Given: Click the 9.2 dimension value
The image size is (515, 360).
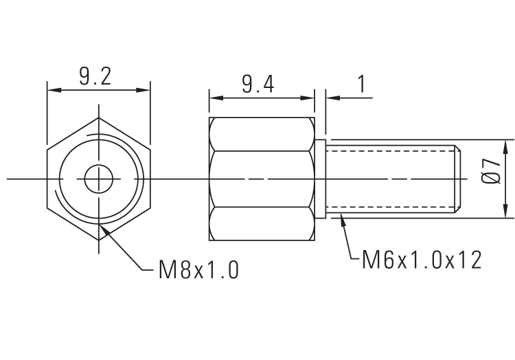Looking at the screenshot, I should tap(95, 76).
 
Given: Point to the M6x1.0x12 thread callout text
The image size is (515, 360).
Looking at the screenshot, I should tap(422, 260).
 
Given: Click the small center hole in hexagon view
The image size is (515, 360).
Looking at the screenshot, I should tap(99, 179).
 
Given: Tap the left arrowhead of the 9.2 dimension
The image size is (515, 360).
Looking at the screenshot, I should tap(52, 90).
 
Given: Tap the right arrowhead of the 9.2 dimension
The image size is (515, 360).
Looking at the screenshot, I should tap(145, 90).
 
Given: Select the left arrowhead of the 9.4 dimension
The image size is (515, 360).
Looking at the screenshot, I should tap(214, 98).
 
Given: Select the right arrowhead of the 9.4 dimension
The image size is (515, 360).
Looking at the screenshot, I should tap(310, 98).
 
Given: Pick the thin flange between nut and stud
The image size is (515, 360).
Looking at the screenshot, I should tap(319, 179).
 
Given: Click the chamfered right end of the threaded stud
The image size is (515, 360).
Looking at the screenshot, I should tap(458, 179).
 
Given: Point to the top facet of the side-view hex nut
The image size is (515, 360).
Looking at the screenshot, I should tap(262, 133).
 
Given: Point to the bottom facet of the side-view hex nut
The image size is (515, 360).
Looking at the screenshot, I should tap(262, 224).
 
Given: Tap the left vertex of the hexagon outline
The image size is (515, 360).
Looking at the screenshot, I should tap(47, 179).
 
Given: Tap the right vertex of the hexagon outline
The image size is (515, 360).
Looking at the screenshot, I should tap(150, 179).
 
